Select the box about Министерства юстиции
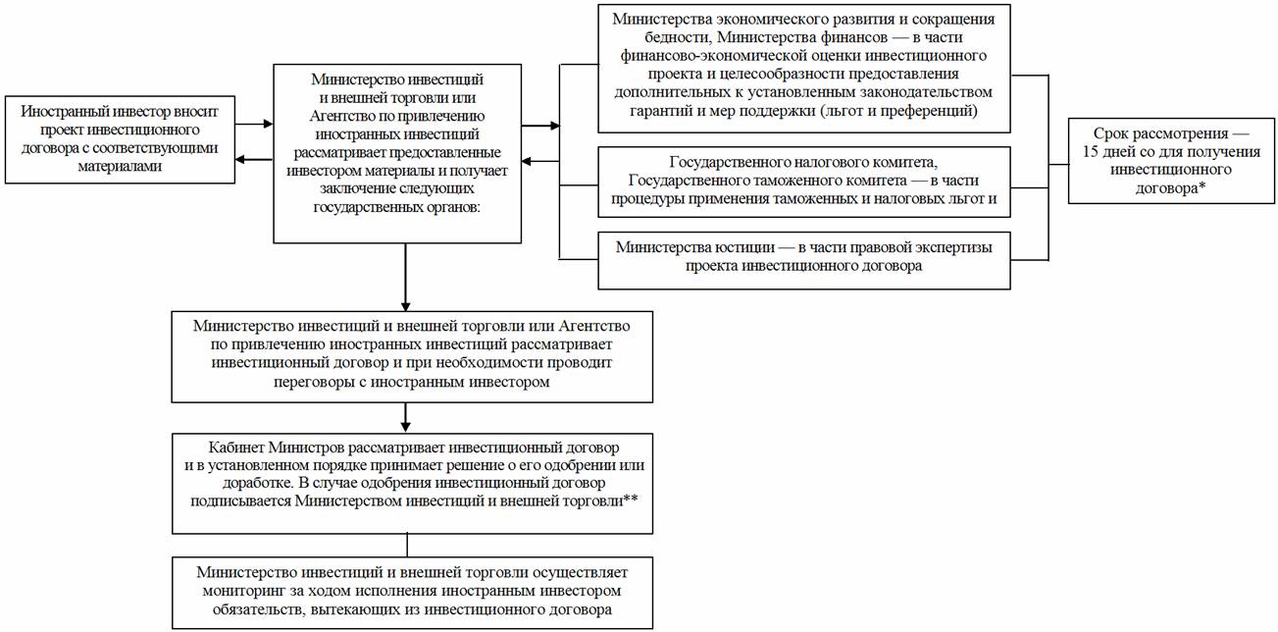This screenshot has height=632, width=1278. (803, 257)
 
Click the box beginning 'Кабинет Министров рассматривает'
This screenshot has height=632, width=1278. (412, 482)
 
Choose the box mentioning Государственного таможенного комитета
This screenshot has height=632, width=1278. (803, 183)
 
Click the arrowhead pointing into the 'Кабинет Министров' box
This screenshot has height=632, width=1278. (405, 426)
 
